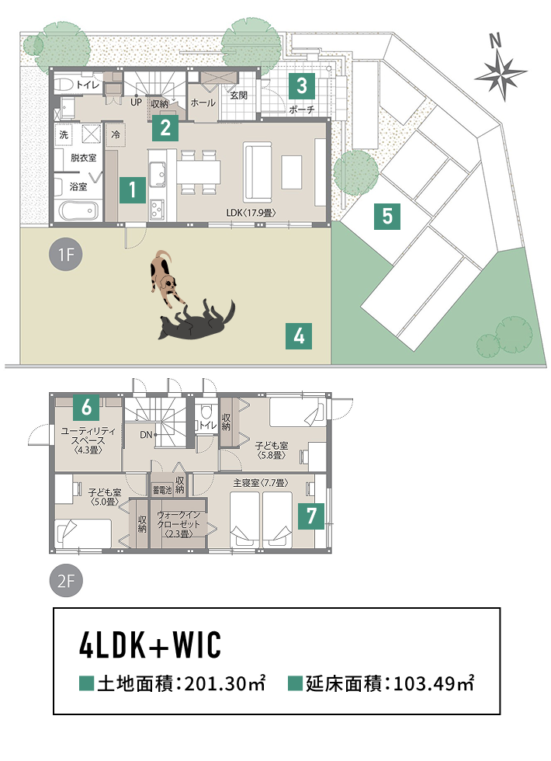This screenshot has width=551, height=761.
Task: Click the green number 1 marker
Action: pyautogui.click(x=133, y=189)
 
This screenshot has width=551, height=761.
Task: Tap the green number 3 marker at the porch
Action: pyautogui.click(x=302, y=86)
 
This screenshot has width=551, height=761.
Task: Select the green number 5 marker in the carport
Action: pyautogui.click(x=387, y=216)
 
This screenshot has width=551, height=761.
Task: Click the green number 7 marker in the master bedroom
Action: pyautogui.click(x=311, y=516)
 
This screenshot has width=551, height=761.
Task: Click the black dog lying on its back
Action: pyautogui.click(x=197, y=320)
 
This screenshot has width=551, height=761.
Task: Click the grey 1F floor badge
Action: pyautogui.click(x=66, y=255)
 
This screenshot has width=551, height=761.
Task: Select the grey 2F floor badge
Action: pyautogui.click(x=66, y=581)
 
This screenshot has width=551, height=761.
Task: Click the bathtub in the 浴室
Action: pyautogui.click(x=78, y=211)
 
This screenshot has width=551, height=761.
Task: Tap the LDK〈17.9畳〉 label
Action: pyautogui.click(x=251, y=213)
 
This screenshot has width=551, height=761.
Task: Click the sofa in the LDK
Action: pyautogui.click(x=258, y=172)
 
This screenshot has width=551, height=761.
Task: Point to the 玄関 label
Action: pyautogui.click(x=238, y=96)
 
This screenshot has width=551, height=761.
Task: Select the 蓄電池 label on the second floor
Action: pyautogui.click(x=162, y=490)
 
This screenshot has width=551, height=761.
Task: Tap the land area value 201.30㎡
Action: pyautogui.click(x=225, y=683)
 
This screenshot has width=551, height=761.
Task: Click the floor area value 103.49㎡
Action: pyautogui.click(x=434, y=683)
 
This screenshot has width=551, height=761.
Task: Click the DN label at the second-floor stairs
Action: pyautogui.click(x=146, y=435)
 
